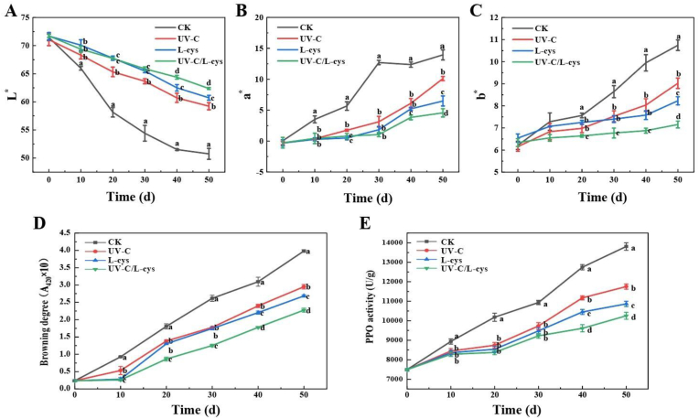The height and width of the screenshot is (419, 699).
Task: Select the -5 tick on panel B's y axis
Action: click(x=263, y=171)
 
